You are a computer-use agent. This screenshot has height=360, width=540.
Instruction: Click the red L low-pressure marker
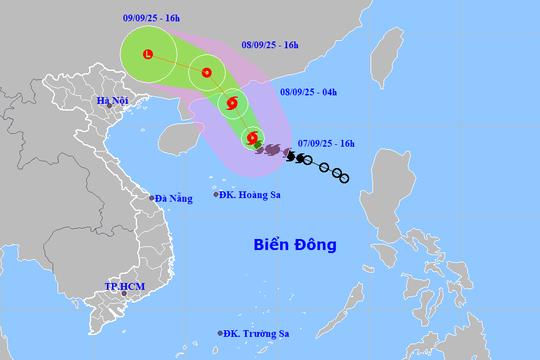[148, 55]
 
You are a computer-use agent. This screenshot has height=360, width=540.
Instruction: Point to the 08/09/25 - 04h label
[308, 92]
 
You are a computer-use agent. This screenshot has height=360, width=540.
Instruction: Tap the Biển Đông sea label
[295, 244]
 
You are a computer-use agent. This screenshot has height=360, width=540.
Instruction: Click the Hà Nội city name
[114, 101]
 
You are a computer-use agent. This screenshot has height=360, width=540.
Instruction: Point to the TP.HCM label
[126, 287]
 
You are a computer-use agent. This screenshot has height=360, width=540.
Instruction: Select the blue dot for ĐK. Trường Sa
[220, 333]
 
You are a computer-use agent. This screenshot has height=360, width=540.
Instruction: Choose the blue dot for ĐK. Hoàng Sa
[215, 194]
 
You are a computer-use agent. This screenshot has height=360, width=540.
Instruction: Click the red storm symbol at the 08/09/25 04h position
[232, 104]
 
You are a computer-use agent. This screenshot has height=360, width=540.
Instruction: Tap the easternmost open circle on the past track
[344, 178]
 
